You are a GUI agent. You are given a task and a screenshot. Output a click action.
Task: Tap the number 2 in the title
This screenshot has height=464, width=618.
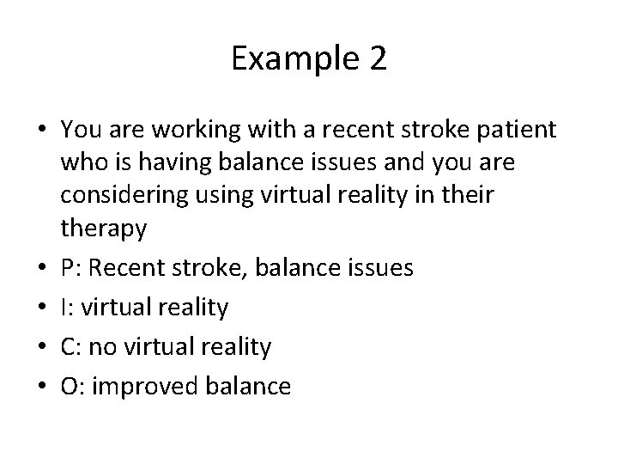377,59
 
